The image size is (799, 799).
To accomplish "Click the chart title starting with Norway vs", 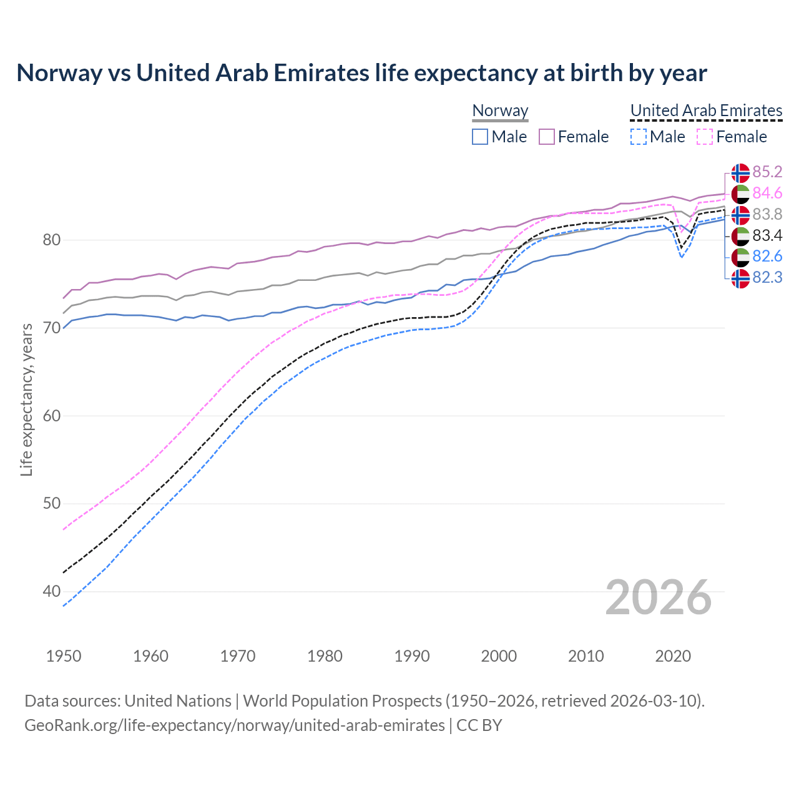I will (x=361, y=73).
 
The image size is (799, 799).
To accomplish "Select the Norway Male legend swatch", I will (x=479, y=137).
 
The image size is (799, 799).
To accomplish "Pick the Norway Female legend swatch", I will (x=547, y=137).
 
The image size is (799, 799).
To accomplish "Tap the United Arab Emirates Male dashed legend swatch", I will (x=638, y=137).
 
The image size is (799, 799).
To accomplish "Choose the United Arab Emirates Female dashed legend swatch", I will (x=704, y=137).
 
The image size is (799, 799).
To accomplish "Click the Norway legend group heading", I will (x=500, y=110).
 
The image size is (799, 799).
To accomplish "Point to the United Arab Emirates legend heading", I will (x=706, y=110).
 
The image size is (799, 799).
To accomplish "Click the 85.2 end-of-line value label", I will (x=767, y=172).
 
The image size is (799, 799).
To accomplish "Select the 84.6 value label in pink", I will (x=767, y=194).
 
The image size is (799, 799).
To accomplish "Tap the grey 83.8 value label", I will (x=767, y=215).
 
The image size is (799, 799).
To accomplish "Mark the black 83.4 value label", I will (x=767, y=235).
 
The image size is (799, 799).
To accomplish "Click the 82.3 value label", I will (x=767, y=277).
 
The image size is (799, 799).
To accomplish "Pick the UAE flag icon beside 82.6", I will (x=740, y=257).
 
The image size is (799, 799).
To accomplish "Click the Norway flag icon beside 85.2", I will (x=740, y=172).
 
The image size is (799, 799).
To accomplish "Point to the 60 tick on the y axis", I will (x=52, y=416).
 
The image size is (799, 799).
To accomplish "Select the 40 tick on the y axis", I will (x=52, y=591).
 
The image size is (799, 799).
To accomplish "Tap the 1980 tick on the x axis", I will (x=325, y=656).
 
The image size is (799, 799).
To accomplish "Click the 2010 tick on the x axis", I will (x=586, y=656).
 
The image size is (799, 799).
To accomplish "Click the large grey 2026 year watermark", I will (x=659, y=597).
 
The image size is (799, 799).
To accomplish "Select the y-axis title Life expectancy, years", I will (x=27, y=399).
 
